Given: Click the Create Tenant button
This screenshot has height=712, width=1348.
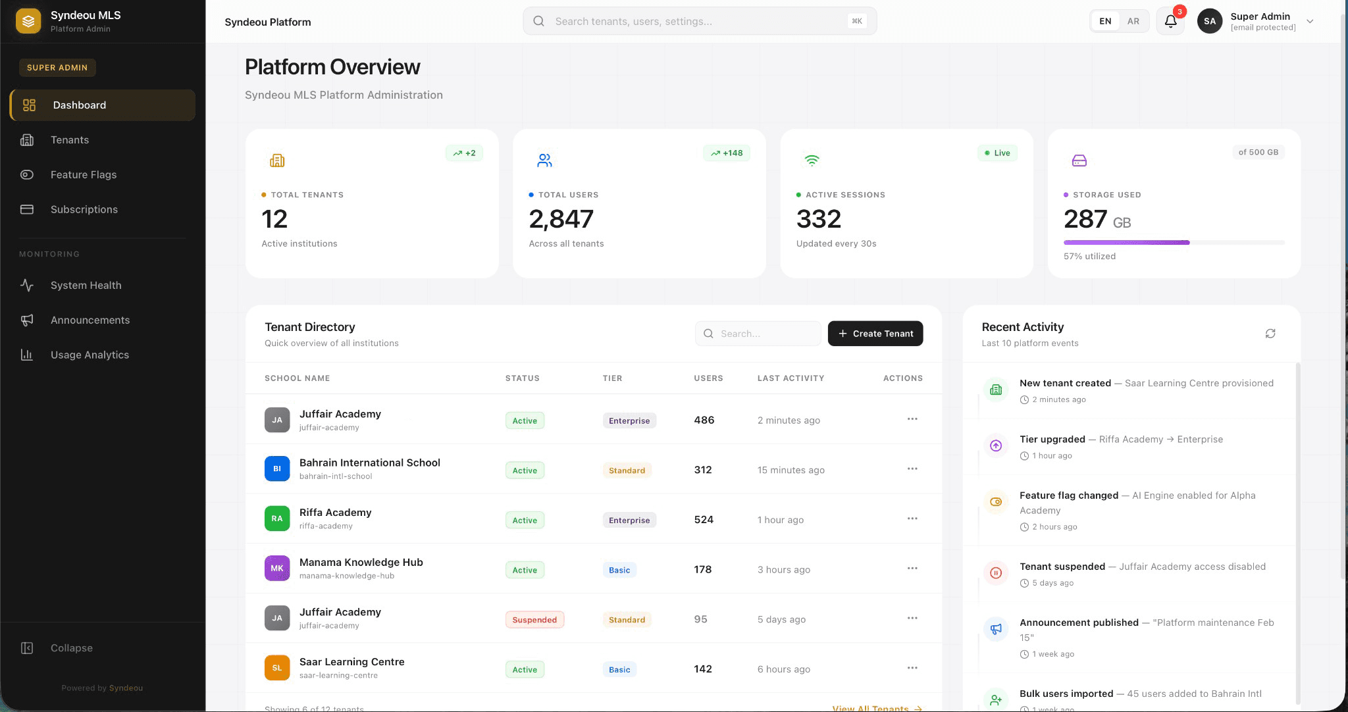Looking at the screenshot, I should pos(875,334).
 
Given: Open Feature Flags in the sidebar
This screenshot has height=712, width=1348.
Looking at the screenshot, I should pos(84,174).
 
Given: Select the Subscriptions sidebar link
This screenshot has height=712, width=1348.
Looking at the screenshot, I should pos(84,209).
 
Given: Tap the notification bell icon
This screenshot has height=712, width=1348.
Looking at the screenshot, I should pos(1170,22).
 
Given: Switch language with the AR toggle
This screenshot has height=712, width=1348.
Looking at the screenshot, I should pos(1133,21).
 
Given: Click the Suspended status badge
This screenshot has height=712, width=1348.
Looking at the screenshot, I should pos(534,620).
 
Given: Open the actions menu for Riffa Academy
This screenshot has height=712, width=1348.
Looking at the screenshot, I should pos(912,519).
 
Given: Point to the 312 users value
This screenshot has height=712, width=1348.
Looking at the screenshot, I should pos(702,470).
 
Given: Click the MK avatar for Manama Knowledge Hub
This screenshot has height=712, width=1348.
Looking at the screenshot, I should pos(277,569).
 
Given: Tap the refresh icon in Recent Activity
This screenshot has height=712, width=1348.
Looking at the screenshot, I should pos(1270,334).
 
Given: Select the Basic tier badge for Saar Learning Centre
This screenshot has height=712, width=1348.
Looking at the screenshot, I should pos(619,670).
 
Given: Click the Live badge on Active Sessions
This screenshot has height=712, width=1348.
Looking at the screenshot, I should pos(997,153).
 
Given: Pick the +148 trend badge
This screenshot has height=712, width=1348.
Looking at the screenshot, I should pos(727,153).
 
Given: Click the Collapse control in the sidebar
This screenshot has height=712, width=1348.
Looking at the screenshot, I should pos(71,648).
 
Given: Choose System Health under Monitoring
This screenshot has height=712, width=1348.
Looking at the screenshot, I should pos(86,285).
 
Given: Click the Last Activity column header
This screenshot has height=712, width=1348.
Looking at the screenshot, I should pos(791,378).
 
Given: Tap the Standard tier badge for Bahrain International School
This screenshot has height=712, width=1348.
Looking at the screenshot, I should pos(627,470).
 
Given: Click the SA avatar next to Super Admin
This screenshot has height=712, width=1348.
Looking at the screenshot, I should pos(1209,22).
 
